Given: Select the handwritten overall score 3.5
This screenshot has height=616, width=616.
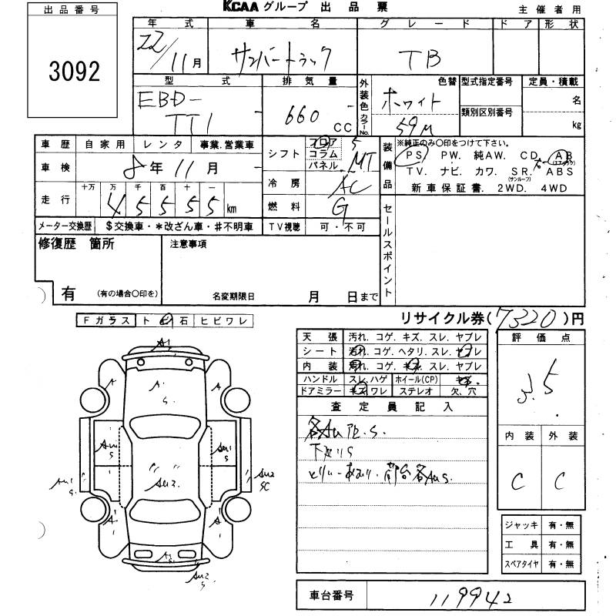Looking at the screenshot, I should coord(547,380).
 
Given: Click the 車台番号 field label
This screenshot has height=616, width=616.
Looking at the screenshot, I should coord(333,595).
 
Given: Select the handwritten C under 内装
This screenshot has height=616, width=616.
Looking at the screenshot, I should coord(517,481).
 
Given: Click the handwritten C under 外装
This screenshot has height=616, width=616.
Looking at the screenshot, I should coord(560,481).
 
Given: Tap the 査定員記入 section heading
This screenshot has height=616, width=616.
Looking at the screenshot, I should coord(392,406).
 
